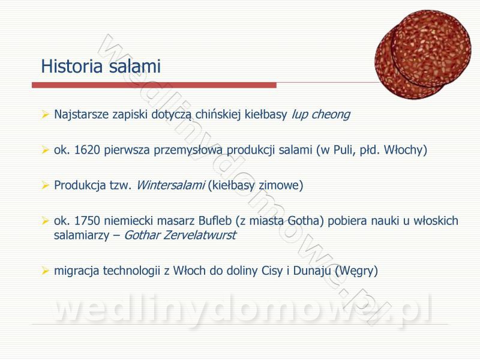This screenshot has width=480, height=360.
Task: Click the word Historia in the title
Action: [71, 66]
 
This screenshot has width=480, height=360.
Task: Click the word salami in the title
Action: [134, 66]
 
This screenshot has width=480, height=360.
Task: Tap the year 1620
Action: [87, 149]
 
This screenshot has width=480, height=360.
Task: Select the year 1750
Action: [87, 220]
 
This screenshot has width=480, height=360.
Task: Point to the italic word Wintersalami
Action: [170, 185]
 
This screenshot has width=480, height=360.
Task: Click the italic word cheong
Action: [331, 115]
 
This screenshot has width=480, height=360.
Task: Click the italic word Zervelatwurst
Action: [200, 235]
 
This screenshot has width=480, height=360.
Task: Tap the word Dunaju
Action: [312, 271]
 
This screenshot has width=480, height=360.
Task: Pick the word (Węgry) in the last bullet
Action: [356, 271]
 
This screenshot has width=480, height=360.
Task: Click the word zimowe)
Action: [281, 185]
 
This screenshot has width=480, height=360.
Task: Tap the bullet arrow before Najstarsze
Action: [46, 115]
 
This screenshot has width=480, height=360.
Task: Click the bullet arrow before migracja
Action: [46, 271]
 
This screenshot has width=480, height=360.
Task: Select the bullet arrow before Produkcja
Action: [46, 185]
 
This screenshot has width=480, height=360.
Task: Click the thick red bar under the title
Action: [154, 85]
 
